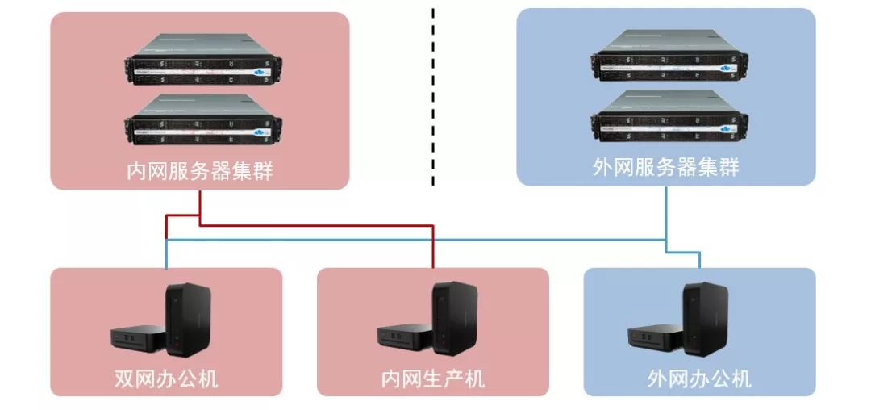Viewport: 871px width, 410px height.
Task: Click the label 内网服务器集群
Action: [x=200, y=171]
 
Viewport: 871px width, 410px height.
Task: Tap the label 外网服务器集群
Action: [x=665, y=168]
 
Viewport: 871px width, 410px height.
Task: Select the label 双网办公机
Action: [x=167, y=378]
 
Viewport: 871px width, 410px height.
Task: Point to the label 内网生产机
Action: [x=433, y=378]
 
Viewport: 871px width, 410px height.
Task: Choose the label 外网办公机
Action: [x=699, y=378]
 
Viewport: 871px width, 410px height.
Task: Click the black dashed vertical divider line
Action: [x=433, y=97]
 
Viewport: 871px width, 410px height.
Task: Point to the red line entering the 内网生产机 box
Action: [x=433, y=254]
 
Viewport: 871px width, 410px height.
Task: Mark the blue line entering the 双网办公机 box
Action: [x=166, y=257]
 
